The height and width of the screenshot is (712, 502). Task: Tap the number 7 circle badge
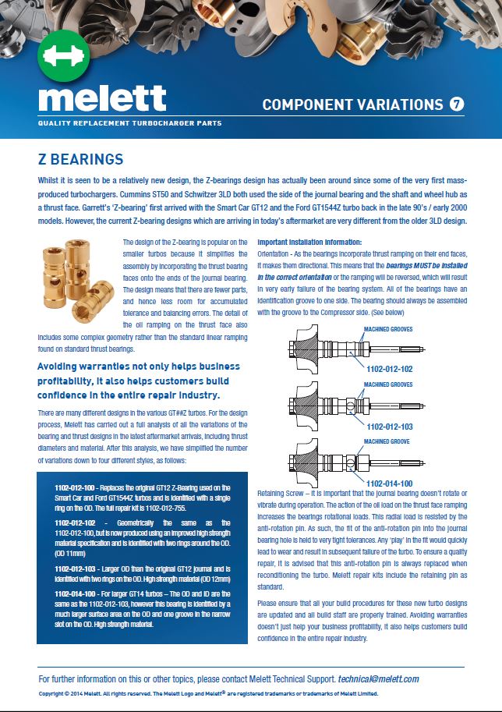click(458, 104)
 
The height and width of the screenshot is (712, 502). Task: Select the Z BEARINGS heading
click(81, 159)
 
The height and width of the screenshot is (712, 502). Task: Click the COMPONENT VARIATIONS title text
click(353, 104)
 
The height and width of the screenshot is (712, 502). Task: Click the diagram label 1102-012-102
click(389, 369)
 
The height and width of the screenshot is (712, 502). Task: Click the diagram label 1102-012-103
click(389, 426)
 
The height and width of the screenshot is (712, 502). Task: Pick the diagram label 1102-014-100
click(389, 483)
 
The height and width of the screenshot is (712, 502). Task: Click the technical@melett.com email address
click(379, 679)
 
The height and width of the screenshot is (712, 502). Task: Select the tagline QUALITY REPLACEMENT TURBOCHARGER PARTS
click(129, 124)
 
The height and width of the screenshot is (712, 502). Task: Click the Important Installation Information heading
click(309, 243)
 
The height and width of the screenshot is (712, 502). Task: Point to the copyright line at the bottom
click(208, 693)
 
